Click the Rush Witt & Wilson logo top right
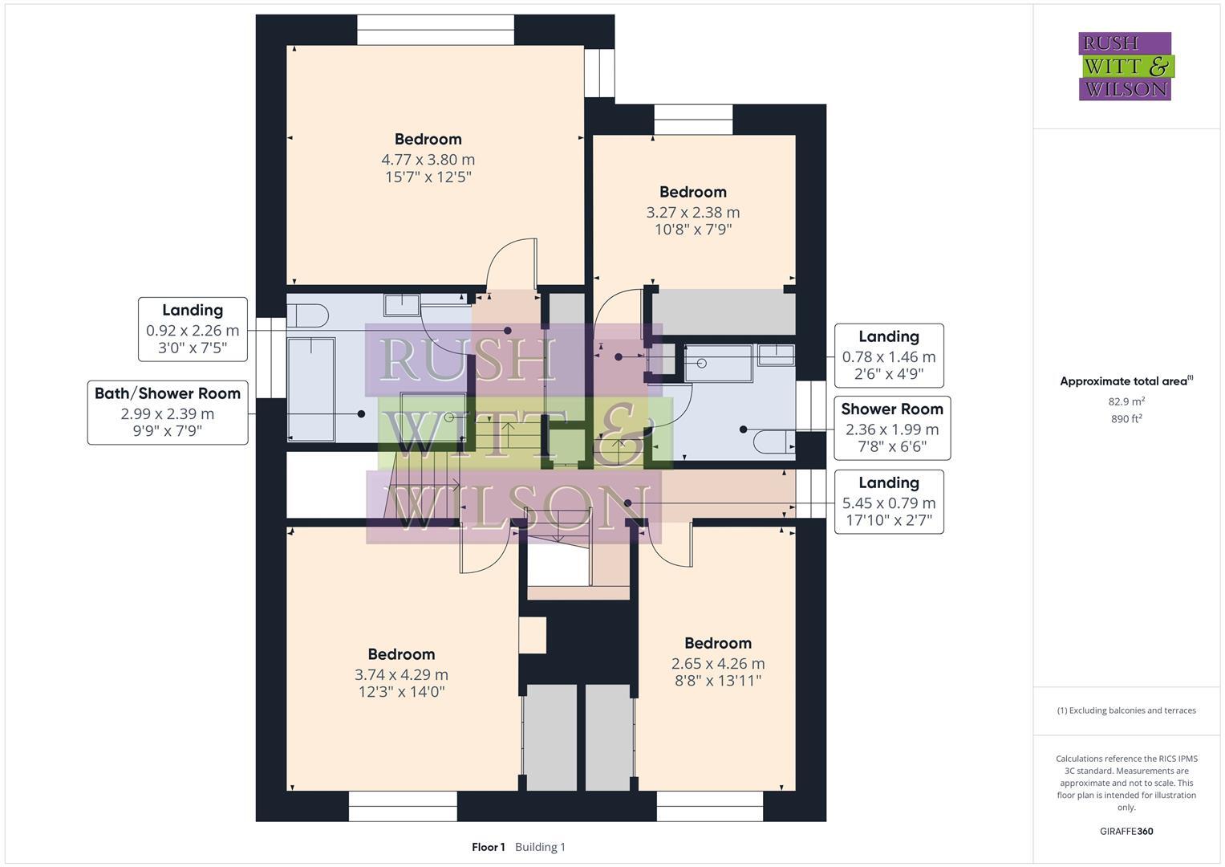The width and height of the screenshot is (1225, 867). (1126, 66)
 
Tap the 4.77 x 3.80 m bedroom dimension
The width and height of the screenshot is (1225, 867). (428, 160)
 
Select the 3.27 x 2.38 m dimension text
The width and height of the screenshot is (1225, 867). (692, 213)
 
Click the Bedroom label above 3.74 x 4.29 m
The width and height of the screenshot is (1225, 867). (401, 654)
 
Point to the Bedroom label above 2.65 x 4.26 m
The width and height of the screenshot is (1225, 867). (717, 643)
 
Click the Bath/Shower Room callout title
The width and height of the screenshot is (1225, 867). (168, 393)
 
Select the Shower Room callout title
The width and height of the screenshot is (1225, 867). (891, 409)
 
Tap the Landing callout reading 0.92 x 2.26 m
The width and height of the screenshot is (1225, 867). (193, 330)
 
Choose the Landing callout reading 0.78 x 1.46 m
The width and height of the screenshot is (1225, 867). (888, 356)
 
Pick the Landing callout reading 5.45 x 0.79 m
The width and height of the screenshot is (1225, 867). (888, 503)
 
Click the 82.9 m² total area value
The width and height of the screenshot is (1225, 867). (1126, 401)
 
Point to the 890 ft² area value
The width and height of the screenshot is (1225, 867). (1126, 418)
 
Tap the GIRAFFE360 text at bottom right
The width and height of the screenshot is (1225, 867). (1126, 831)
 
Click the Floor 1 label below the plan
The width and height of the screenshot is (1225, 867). (488, 847)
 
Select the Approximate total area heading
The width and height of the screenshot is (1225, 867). (1126, 381)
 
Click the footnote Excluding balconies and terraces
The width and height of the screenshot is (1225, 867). (1126, 710)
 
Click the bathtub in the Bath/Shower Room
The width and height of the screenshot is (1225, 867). (311, 389)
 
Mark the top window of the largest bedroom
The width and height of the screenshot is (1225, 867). (435, 30)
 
